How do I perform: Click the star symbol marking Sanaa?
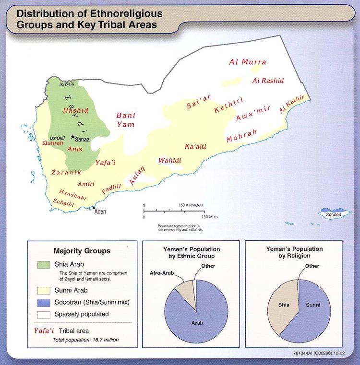coord(73,137)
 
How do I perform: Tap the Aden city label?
coord(100,212)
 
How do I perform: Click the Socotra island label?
coord(334,214)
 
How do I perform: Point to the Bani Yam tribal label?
coord(126,120)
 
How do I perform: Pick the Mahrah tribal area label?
coord(242,136)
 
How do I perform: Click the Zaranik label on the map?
coord(63,172)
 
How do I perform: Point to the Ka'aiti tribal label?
coord(195,146)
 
